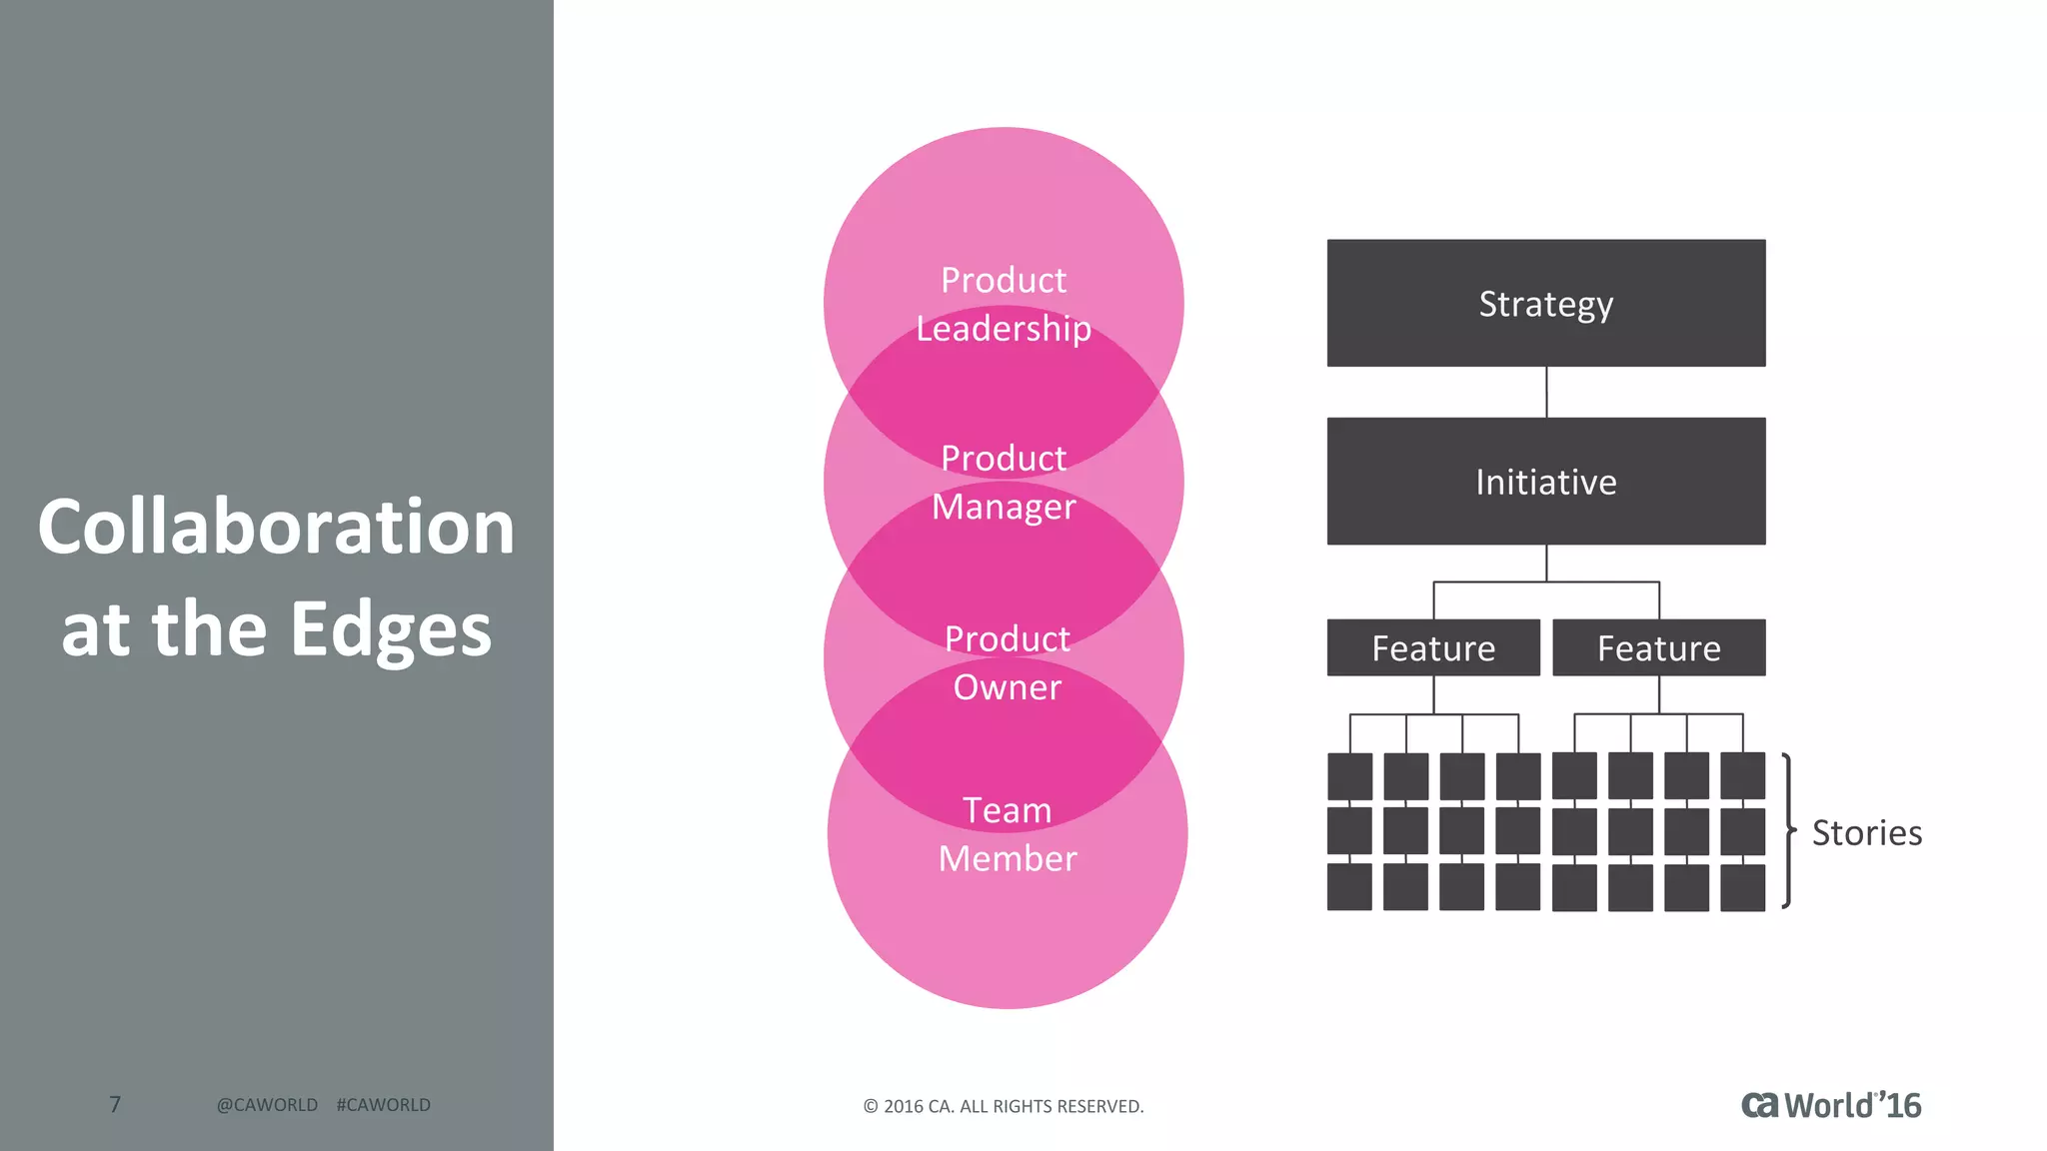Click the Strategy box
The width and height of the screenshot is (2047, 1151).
[x=1545, y=303]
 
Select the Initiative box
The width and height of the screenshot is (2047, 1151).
[x=1545, y=481]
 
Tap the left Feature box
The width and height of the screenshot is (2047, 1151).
[x=1433, y=647]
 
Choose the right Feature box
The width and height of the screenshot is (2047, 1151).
[x=1658, y=647]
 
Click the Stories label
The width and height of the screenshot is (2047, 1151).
[x=1866, y=832]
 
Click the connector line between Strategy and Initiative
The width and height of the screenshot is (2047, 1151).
[x=1546, y=392]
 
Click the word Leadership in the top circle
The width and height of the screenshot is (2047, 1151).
[x=1004, y=329]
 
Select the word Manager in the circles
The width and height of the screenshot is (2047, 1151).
[x=1004, y=507]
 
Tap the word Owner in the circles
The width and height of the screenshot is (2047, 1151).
[x=1007, y=687]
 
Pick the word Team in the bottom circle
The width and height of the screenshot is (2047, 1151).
[x=1007, y=810]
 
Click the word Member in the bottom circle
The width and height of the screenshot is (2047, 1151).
[x=1008, y=858]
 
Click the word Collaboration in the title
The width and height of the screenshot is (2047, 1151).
[x=276, y=527]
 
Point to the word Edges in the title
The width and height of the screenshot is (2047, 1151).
[x=391, y=629]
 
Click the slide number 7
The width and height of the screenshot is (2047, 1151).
[x=115, y=1104]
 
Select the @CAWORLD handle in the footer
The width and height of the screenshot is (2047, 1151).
[x=267, y=1105]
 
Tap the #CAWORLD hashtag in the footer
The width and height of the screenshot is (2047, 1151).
[x=384, y=1105]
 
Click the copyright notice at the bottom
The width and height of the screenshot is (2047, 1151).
[x=1004, y=1106]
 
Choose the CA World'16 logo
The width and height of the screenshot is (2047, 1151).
[x=1831, y=1105]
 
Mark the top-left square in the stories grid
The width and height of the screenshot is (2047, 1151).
[x=1349, y=776]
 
